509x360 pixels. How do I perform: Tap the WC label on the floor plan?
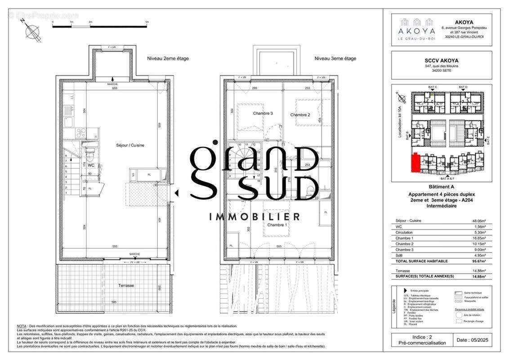91,166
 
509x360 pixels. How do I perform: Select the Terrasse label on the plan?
126,285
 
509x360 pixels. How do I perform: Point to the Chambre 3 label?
263,113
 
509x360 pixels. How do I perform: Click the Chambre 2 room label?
300,115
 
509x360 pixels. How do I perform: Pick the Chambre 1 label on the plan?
277,225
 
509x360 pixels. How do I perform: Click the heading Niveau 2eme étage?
168,58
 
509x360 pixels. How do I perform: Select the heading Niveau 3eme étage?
335,58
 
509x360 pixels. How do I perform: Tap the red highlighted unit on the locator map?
415,162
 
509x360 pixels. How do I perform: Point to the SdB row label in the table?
399,255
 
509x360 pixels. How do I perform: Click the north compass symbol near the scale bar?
31,31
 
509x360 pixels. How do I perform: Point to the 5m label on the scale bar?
147,22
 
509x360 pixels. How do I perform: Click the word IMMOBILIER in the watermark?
254,217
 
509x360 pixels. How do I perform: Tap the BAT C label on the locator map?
433,86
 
